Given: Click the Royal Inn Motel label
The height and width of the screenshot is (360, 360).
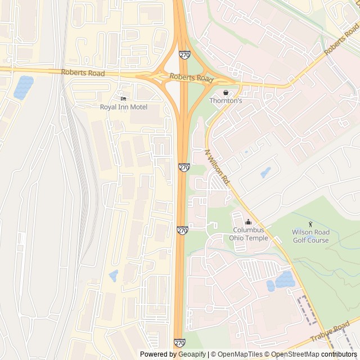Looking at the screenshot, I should (x=124, y=107).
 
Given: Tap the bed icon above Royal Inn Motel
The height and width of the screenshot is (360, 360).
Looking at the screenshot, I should (x=123, y=99).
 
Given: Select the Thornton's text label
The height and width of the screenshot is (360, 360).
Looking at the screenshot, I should (x=226, y=101).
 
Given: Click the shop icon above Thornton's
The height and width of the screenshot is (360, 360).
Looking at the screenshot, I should (x=226, y=93).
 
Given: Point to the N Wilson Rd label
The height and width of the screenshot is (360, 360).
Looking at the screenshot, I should (x=218, y=167).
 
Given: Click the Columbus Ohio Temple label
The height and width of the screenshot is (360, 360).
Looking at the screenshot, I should (x=249, y=234).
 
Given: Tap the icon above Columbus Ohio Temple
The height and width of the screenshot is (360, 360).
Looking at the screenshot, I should (x=249, y=222).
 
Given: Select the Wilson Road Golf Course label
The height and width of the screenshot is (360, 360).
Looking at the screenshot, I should (x=310, y=236).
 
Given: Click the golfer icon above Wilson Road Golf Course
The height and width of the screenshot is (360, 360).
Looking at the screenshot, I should (x=310, y=224).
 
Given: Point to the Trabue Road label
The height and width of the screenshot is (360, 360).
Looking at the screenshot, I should (x=333, y=331).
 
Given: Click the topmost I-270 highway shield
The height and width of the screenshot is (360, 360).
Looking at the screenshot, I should (x=184, y=55).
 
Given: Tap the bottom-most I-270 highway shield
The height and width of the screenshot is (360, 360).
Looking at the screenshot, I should (x=180, y=343).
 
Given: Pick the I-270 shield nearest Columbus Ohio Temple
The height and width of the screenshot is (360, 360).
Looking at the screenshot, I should (x=182, y=230).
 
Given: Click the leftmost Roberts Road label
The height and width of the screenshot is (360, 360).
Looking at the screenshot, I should (x=83, y=73).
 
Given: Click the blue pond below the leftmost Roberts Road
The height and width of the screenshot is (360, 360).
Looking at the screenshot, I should (x=24, y=87).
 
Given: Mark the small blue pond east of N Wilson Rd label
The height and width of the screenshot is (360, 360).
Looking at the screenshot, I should (x=265, y=172).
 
